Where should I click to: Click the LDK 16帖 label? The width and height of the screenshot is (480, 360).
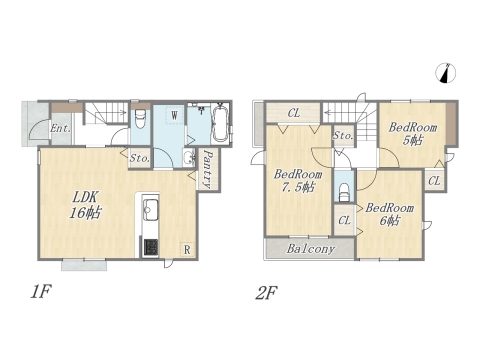tap(85, 205)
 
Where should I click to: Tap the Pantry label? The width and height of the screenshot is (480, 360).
tap(208, 169)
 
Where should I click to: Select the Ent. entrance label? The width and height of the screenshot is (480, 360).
tap(60, 128)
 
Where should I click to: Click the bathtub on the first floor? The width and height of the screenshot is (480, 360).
tap(220, 123)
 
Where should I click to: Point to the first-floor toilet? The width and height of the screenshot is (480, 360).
tap(140, 119)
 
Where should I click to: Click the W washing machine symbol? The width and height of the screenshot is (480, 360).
tap(174, 115)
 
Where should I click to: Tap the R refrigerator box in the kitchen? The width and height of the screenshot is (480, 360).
tap(187, 249)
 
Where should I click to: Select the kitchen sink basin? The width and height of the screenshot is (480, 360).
tap(151, 210)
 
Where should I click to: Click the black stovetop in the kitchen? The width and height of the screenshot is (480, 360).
tap(151, 247)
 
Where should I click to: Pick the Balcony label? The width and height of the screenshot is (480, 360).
tap(310, 249)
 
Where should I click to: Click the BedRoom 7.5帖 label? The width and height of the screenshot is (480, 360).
tap(298, 181)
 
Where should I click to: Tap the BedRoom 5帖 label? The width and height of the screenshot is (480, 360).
tap(412, 134)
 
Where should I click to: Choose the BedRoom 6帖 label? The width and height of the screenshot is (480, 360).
tap(389, 214)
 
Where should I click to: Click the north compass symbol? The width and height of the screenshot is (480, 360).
tap(446, 73)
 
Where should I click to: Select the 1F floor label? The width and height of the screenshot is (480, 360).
tap(40, 292)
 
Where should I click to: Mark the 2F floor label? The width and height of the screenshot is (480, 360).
tap(266, 293)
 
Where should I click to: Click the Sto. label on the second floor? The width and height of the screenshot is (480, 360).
tap(343, 136)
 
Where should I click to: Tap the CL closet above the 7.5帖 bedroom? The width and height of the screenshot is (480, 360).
tap(294, 113)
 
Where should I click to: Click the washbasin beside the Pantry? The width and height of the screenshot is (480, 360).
tap(188, 157)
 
